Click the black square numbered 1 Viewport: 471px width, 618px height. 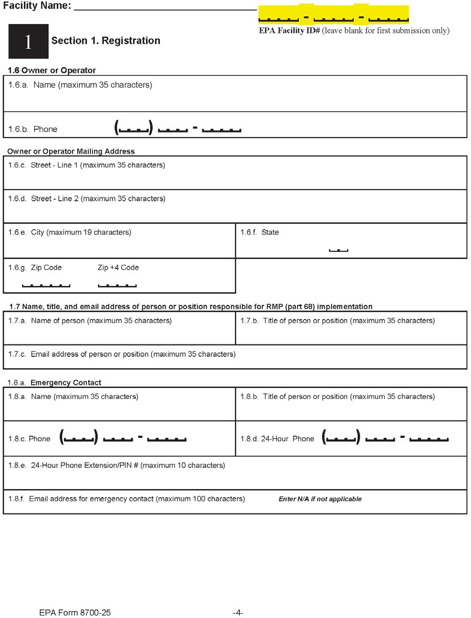coord(28,42)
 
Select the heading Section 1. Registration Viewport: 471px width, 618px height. coord(106,40)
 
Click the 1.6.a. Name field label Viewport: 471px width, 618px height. coord(80,85)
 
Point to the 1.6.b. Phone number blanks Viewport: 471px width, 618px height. coord(178,128)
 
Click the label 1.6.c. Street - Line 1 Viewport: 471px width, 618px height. coord(87,166)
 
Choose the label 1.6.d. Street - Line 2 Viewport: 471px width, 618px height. coord(87,199)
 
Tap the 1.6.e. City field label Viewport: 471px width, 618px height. coord(70,232)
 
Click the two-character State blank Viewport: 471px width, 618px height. coord(339,250)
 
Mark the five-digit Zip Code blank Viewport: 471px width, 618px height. coord(46,285)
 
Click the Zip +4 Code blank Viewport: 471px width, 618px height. coord(117,285)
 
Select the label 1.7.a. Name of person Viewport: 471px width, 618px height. coord(90,321)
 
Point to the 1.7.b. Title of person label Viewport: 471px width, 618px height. coord(337,321)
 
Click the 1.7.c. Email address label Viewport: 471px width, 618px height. coord(122,354)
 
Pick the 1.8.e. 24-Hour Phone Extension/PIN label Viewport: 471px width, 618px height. coord(117,465)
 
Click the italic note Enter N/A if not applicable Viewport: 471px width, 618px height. coord(320,499)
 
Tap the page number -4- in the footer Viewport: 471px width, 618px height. coord(238,612)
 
